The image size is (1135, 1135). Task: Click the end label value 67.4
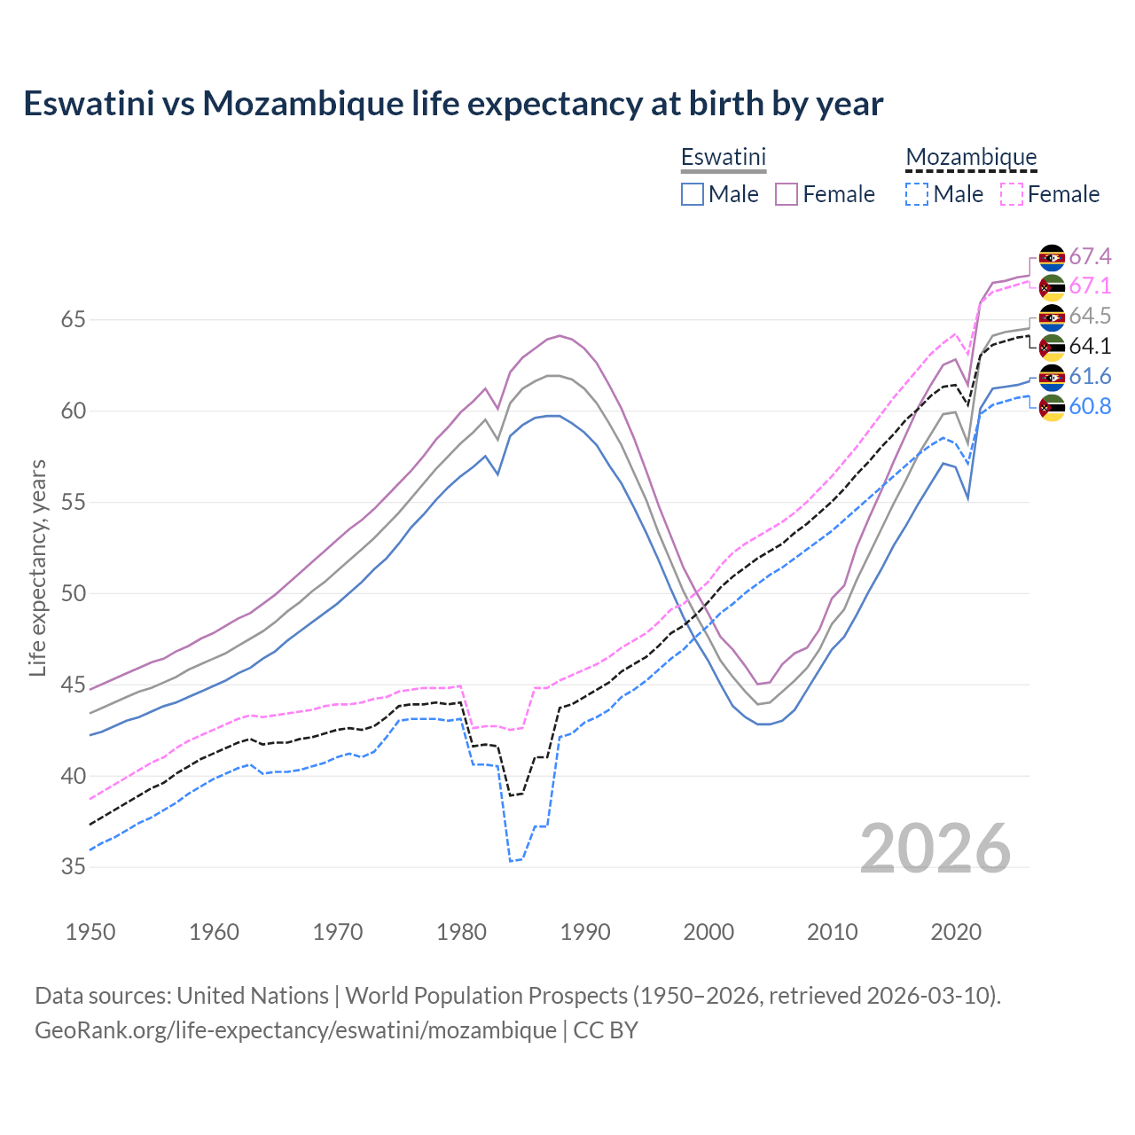click(x=1090, y=257)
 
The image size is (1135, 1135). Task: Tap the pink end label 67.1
click(x=1090, y=286)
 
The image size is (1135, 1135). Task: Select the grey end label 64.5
click(x=1090, y=317)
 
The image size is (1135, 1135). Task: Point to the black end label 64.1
click(x=1090, y=347)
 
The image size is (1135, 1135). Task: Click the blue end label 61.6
click(x=1090, y=377)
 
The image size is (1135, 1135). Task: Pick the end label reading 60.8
click(x=1090, y=407)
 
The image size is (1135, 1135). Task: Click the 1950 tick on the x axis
click(x=90, y=932)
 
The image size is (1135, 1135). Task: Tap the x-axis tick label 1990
click(x=585, y=932)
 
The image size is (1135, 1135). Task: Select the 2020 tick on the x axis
click(x=956, y=932)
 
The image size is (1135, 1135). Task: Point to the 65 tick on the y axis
click(x=73, y=319)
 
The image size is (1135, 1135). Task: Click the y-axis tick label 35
click(x=73, y=867)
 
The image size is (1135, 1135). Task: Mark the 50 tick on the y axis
click(x=73, y=593)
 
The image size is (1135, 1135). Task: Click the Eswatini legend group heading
click(x=723, y=157)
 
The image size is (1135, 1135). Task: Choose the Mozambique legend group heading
click(x=971, y=157)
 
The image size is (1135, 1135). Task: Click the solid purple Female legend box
click(x=787, y=194)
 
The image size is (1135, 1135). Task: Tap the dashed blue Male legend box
click(x=917, y=194)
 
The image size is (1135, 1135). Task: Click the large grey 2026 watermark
click(x=935, y=849)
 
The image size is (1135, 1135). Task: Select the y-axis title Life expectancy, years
click(x=37, y=567)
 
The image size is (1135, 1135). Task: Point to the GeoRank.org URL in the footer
click(x=295, y=1030)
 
